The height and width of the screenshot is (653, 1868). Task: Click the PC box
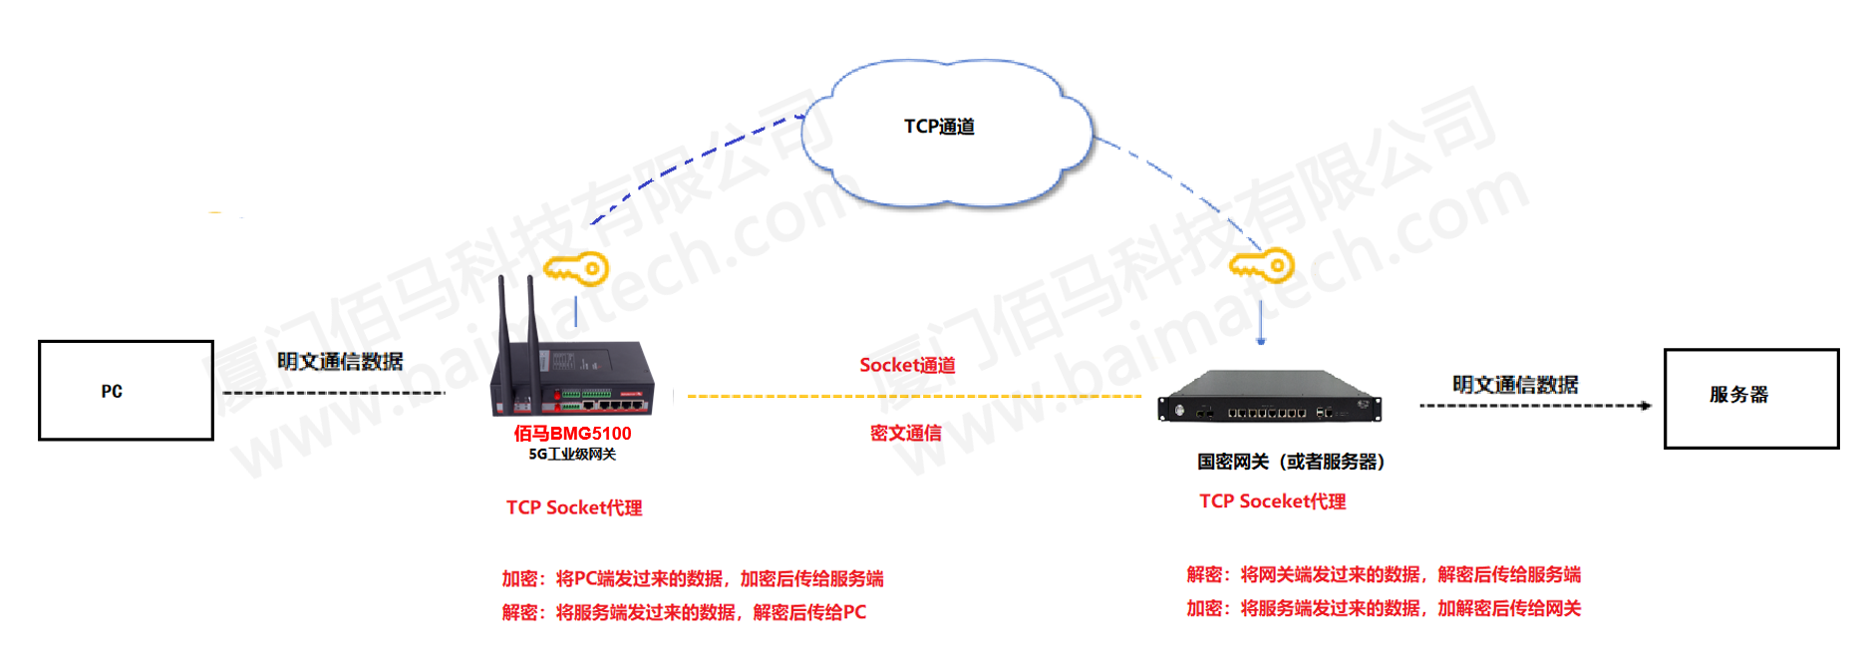coord(126,391)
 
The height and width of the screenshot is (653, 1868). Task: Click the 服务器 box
coord(1750,398)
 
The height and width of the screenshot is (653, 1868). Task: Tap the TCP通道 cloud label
coord(939,127)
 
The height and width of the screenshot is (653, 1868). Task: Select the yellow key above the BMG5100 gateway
coord(576,269)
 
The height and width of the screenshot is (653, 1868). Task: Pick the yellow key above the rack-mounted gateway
coord(1261,266)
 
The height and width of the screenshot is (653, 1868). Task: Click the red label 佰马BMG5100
coord(572,434)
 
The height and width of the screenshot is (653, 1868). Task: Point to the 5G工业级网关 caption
coord(572,455)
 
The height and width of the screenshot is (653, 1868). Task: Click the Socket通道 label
coord(907,366)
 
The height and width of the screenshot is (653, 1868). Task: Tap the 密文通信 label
coord(905,433)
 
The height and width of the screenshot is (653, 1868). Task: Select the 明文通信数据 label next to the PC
coord(340,362)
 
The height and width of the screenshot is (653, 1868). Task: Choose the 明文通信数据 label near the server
coord(1515,385)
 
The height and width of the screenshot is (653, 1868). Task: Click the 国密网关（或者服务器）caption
coord(1291,462)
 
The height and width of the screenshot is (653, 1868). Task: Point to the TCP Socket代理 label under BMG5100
coord(574,508)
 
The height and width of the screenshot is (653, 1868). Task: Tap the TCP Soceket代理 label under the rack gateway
coord(1272,501)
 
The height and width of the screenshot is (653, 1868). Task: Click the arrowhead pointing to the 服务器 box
coord(1646,406)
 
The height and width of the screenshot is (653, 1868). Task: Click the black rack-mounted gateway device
coord(1269,398)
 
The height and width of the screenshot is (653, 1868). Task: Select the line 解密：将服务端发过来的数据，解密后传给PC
coord(684,612)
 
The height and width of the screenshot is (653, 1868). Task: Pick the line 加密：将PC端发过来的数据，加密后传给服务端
coord(693,579)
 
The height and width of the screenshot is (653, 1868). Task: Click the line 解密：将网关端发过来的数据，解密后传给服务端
coord(1384,575)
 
